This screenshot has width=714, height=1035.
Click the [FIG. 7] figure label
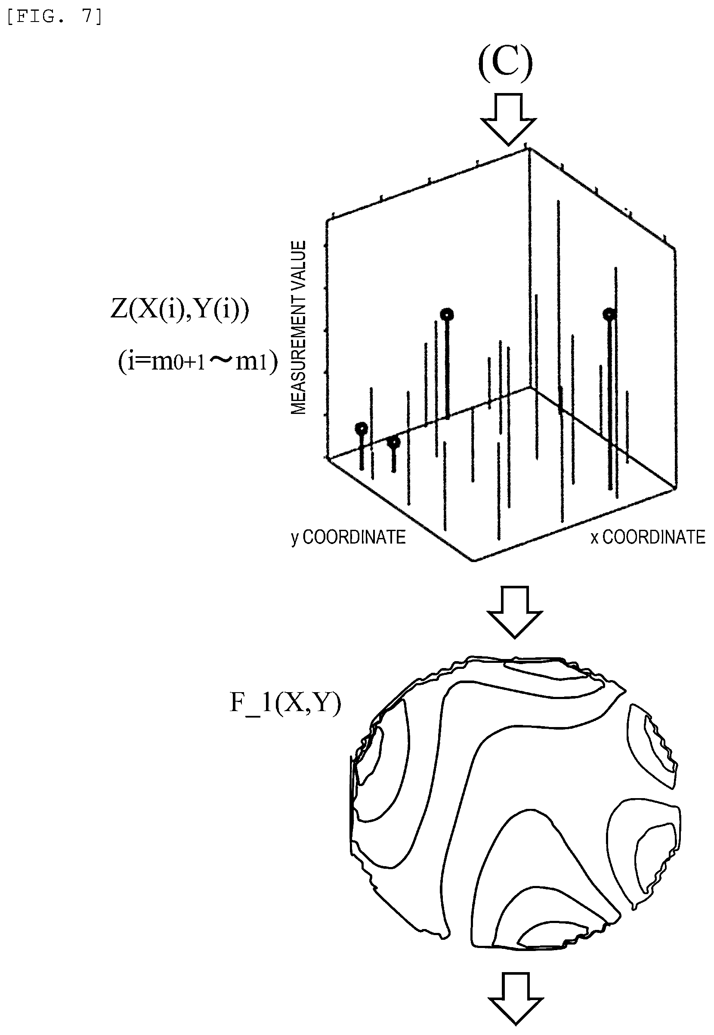(55, 16)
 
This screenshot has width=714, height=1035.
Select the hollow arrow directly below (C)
(508, 119)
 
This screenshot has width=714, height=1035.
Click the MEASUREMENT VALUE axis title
(298, 327)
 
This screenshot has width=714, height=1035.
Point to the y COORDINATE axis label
(348, 537)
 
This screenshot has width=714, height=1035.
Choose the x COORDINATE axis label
(648, 537)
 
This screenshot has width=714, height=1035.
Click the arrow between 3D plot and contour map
(514, 612)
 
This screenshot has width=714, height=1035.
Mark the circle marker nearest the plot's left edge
(361, 429)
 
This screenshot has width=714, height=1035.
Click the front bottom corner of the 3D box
(474, 560)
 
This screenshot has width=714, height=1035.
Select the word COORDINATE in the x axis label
(654, 537)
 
